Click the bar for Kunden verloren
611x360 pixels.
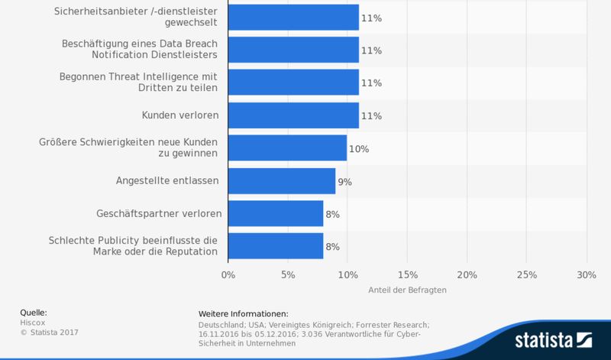[293, 115]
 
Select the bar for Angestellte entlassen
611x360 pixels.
[281, 181]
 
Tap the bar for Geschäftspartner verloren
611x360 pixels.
[275, 214]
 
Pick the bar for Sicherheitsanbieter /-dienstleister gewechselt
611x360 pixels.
[293, 18]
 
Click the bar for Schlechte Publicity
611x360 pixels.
[275, 246]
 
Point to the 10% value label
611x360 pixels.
[359, 149]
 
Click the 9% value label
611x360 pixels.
[344, 182]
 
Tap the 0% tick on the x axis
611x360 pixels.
[228, 274]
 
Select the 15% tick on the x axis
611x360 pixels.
[407, 274]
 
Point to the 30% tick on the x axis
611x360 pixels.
[586, 274]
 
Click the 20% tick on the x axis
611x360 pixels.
[467, 274]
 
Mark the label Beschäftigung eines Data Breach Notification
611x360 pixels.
[141, 50]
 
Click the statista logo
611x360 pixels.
[553, 339]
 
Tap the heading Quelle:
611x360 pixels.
[34, 313]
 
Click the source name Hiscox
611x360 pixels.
[32, 323]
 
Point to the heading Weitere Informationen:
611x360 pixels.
[243, 314]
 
